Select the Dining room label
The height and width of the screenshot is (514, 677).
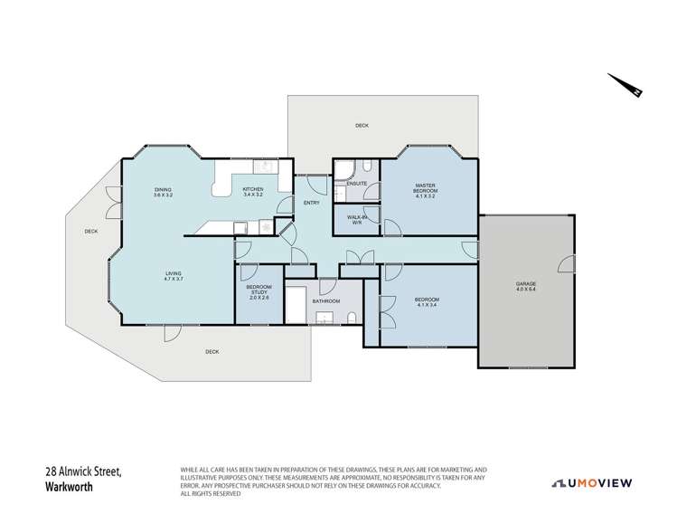[162, 191]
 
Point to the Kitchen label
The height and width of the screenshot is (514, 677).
[252, 191]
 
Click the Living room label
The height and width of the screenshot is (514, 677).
[173, 275]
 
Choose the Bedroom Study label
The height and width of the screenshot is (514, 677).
[258, 292]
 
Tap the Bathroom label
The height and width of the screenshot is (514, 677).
[325, 300]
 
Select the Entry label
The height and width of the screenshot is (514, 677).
[311, 203]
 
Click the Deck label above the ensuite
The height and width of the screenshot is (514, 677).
[362, 126]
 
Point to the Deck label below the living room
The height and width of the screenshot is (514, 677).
[212, 351]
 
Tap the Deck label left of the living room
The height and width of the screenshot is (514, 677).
[90, 232]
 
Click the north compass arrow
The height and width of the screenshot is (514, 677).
[625, 85]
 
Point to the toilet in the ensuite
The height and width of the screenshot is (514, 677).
[369, 167]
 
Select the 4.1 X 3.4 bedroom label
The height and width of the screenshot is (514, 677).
[426, 301]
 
